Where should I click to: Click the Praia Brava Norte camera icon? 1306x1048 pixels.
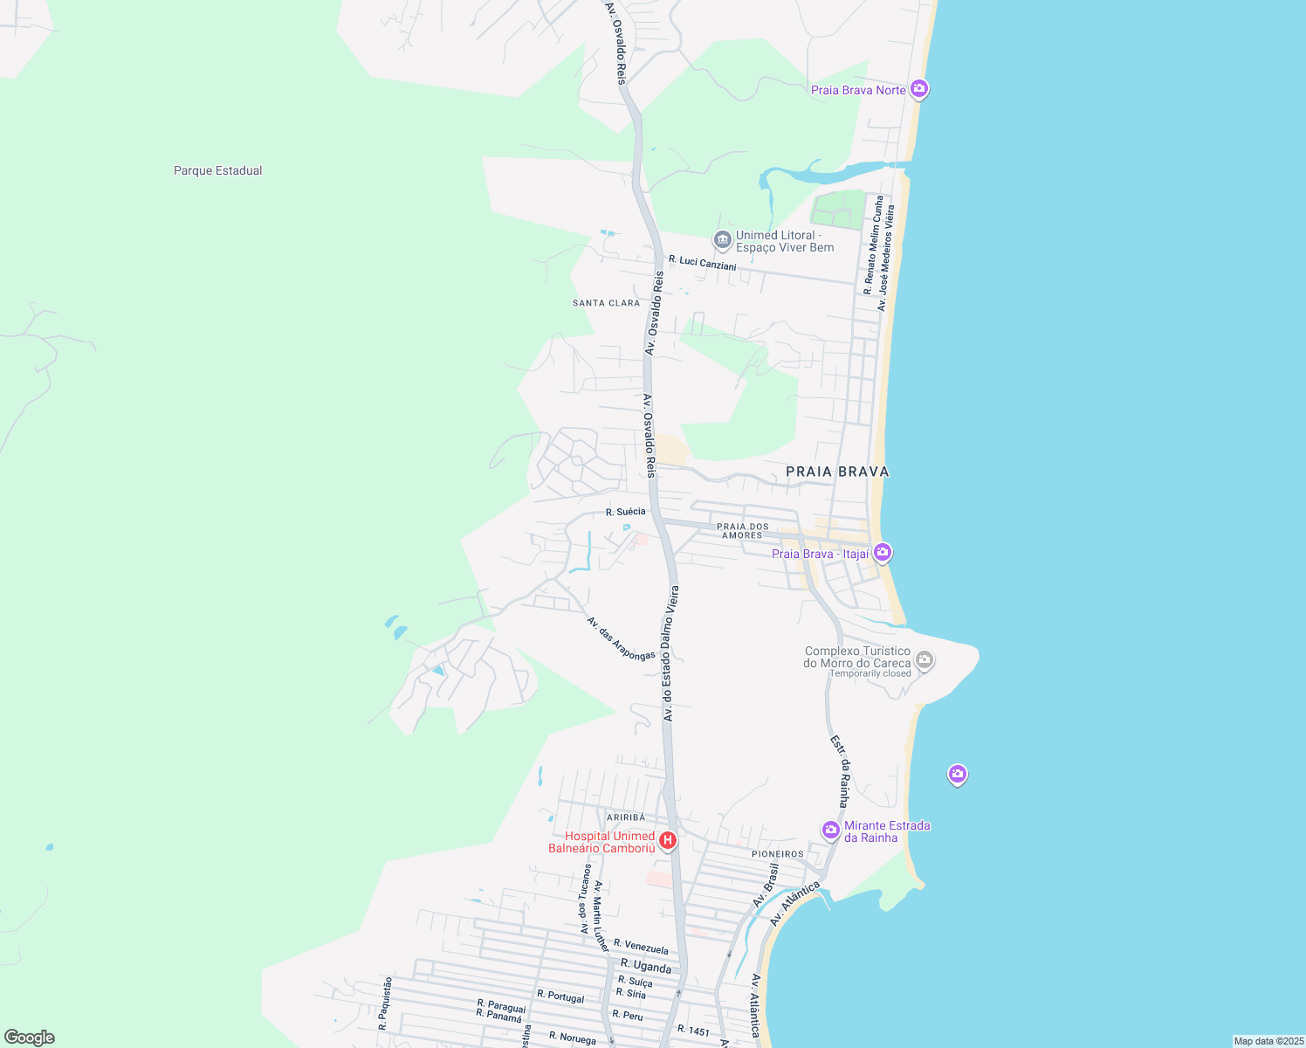pyautogui.click(x=918, y=89)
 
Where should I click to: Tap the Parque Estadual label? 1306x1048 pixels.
pyautogui.click(x=217, y=170)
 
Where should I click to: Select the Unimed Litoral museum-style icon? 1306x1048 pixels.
pyautogui.click(x=722, y=239)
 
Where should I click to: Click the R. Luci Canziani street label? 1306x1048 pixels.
pyautogui.click(x=703, y=262)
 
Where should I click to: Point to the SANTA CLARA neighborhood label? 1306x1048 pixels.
pyautogui.click(x=606, y=303)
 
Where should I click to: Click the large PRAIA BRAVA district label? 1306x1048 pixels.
pyautogui.click(x=837, y=472)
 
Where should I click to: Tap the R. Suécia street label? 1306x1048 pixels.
pyautogui.click(x=626, y=512)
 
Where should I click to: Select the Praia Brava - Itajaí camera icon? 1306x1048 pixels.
pyautogui.click(x=883, y=552)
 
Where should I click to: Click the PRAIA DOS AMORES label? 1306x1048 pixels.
pyautogui.click(x=742, y=531)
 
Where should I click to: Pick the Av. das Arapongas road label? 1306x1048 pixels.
pyautogui.click(x=621, y=638)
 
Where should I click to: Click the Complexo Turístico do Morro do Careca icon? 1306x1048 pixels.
pyautogui.click(x=925, y=660)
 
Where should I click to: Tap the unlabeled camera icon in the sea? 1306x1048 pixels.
pyautogui.click(x=958, y=774)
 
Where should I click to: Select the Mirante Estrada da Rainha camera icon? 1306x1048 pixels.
pyautogui.click(x=831, y=829)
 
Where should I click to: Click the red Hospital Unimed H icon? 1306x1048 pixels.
pyautogui.click(x=668, y=840)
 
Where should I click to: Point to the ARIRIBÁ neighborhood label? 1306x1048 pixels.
pyautogui.click(x=625, y=817)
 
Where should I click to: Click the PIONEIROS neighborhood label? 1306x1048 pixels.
pyautogui.click(x=777, y=854)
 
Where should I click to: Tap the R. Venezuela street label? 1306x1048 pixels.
pyautogui.click(x=641, y=947)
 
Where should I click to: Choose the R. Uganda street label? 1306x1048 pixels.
pyautogui.click(x=646, y=966)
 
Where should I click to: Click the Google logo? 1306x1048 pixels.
pyautogui.click(x=30, y=1038)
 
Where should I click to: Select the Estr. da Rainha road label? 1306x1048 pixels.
pyautogui.click(x=840, y=771)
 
